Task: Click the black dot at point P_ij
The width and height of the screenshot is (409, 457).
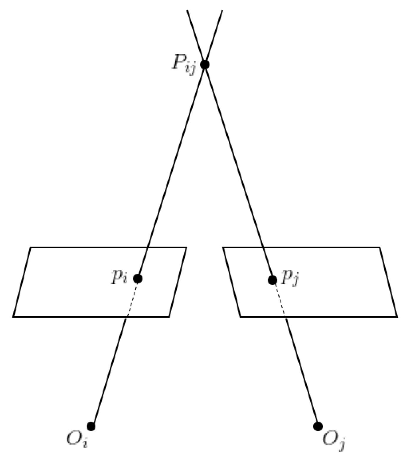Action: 204,64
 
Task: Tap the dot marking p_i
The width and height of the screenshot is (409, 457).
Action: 138,278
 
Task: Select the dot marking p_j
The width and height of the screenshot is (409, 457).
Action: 273,280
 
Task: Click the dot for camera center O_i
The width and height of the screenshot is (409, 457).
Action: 91,426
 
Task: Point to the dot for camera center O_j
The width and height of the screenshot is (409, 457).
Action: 318,426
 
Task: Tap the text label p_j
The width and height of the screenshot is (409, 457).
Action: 290,278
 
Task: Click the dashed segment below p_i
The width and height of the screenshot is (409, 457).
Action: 132,298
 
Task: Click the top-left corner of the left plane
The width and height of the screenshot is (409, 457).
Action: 31,247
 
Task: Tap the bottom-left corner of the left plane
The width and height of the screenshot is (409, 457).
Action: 13,317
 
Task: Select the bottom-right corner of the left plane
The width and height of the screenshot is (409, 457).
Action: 169,317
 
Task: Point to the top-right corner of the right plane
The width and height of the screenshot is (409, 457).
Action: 380,247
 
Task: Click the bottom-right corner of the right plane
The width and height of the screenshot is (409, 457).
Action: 397,317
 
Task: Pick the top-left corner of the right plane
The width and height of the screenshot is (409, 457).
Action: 223,247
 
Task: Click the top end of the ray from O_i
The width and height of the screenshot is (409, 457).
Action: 222,11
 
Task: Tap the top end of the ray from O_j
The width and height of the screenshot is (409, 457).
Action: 187,11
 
